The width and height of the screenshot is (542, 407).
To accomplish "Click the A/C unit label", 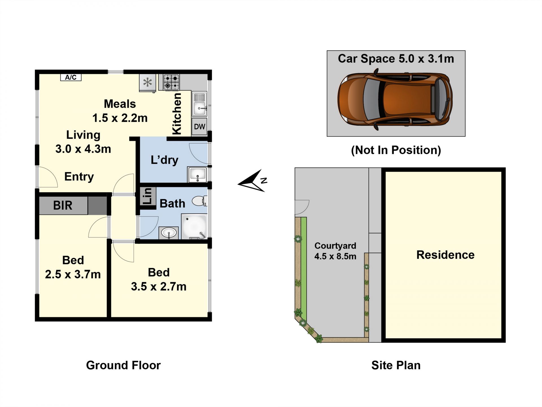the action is [71, 77].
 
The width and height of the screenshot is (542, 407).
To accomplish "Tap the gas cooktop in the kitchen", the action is [171, 82].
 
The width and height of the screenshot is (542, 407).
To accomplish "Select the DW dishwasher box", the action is [199, 127].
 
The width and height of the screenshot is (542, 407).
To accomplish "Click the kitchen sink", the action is [200, 104].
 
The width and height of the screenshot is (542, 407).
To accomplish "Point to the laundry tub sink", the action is [197, 174].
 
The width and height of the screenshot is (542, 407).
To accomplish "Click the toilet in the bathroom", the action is [200, 201].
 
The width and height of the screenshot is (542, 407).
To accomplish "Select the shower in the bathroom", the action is [194, 227].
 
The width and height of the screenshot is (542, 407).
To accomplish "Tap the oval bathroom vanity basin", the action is [169, 233].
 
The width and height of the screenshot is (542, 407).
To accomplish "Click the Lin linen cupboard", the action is [148, 196].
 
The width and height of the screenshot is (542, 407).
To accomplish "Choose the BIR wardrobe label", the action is [63, 205].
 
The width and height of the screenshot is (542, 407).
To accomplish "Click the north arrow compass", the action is [252, 181].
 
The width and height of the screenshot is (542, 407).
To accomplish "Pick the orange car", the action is [395, 99].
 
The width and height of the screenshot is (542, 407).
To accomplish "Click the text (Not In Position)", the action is [396, 150].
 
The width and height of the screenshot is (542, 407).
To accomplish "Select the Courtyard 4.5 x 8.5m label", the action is [335, 251].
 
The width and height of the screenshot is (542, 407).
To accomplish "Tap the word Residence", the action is [445, 255].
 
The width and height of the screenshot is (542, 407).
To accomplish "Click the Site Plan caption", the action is [396, 365].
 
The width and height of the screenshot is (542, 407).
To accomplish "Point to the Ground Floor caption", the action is [123, 365].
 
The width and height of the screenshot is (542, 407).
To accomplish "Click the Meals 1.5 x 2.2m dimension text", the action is [120, 111].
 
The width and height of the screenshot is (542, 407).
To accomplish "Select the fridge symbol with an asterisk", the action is [148, 83].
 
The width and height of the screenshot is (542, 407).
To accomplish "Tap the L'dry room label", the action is [165, 160].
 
